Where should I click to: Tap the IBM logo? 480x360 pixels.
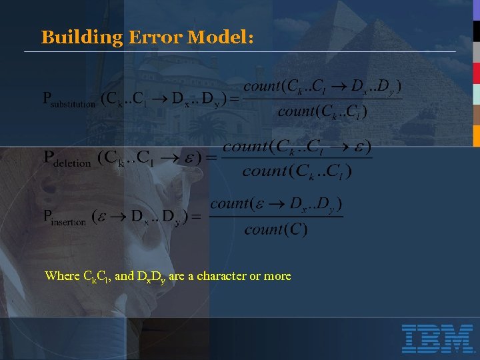pos(437,339)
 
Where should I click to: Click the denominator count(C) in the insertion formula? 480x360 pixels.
pos(276,230)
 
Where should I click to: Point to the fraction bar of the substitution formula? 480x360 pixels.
pos(322,99)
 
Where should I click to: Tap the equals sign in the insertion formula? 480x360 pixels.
pos(197,217)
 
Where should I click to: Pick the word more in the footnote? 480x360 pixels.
pos(277,276)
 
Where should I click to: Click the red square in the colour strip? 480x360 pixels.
pos(477,73)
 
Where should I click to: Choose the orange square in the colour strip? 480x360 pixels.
pos(477,135)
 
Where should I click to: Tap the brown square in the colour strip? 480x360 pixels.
pos(477,115)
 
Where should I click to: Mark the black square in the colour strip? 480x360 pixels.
pos(477,31)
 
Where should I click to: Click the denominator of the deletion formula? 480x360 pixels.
pos(297,171)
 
